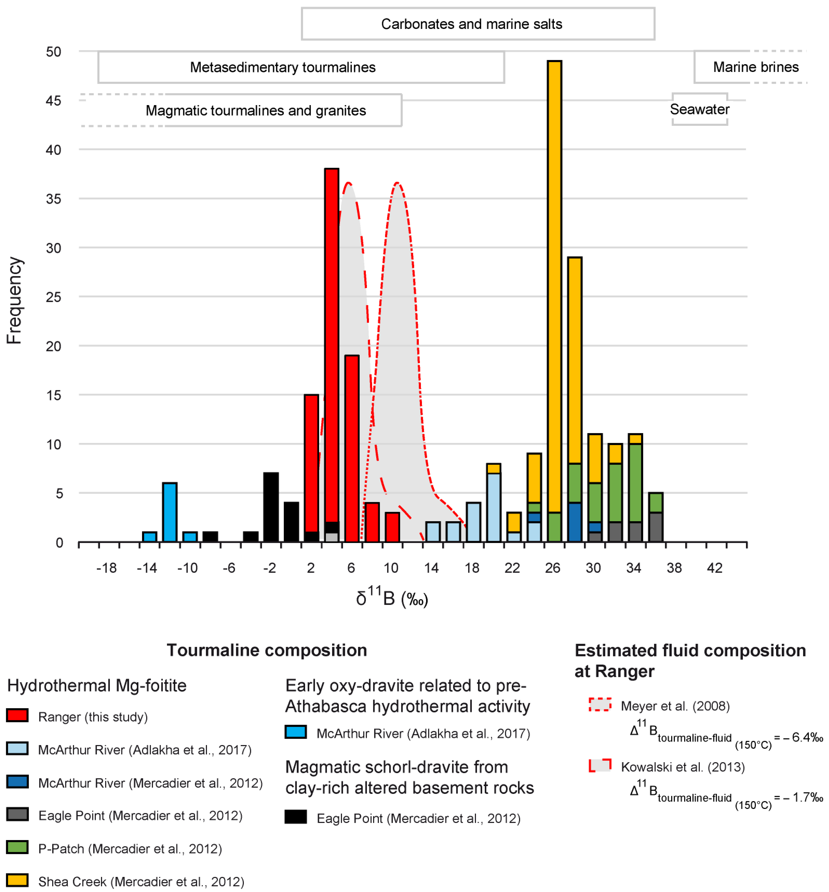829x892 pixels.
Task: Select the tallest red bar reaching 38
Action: coord(332,345)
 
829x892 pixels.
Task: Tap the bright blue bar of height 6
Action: coord(170,512)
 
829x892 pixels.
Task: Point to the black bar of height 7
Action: coord(271,507)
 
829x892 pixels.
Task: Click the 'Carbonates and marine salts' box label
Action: coord(472,24)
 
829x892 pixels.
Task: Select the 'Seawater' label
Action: coord(699,109)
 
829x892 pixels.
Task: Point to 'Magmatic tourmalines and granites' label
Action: coord(256,111)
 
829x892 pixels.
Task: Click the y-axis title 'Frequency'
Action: coord(15,300)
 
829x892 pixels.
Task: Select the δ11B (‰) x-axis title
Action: coord(392,598)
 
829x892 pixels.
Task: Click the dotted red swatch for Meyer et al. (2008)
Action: coord(600,705)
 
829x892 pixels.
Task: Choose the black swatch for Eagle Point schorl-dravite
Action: coord(296,817)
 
